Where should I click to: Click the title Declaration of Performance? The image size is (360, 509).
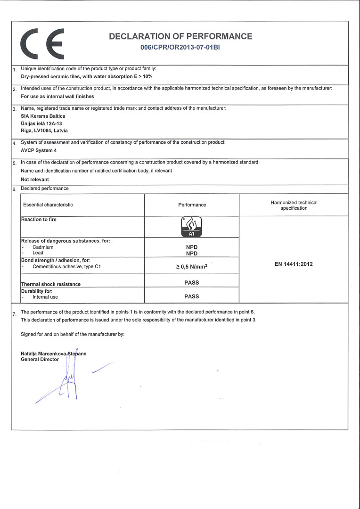(180, 36)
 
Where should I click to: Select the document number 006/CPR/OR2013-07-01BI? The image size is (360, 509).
(180, 48)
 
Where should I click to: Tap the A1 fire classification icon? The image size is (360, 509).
(191, 227)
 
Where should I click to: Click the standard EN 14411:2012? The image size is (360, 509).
(294, 264)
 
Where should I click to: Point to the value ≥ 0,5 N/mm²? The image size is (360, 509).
(191, 267)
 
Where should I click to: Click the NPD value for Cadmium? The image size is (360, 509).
(191, 247)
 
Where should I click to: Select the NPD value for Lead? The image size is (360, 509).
(191, 253)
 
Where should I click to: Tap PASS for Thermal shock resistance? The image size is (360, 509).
(191, 283)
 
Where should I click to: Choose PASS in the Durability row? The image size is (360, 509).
(191, 296)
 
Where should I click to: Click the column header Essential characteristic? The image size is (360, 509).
(48, 205)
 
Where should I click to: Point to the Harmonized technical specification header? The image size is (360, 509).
(294, 205)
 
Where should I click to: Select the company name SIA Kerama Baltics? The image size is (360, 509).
(43, 116)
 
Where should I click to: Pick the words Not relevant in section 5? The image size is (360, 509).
(35, 180)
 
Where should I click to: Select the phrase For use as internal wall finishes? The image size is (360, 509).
(57, 96)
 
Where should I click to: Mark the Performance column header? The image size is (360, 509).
(192, 205)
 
